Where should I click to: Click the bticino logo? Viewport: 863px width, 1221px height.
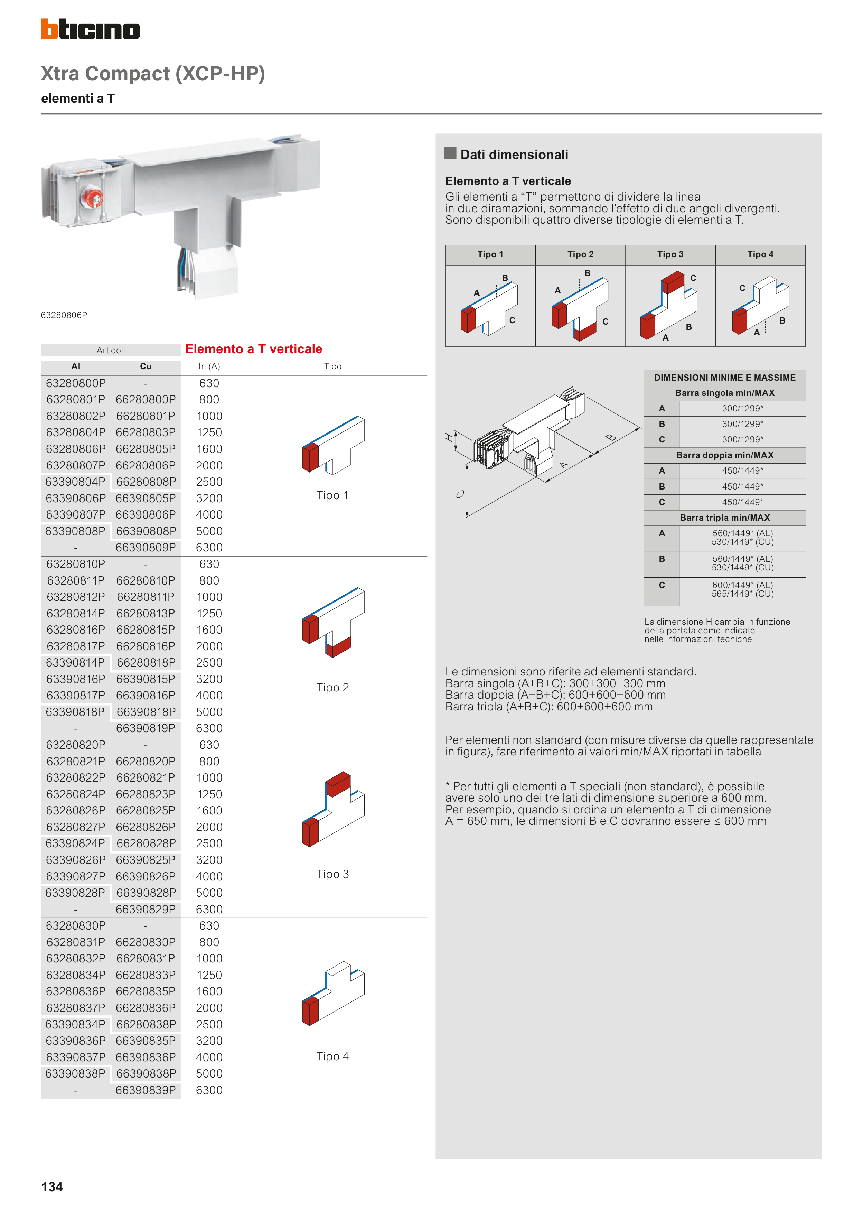[91, 29]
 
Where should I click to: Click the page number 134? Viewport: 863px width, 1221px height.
[52, 1186]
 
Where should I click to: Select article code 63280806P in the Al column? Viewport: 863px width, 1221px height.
[75, 449]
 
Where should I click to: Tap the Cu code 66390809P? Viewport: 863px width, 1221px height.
[146, 547]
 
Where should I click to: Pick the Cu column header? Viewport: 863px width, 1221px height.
[146, 366]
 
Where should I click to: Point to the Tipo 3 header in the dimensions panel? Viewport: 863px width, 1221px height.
[670, 254]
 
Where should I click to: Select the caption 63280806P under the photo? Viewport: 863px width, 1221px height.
[64, 315]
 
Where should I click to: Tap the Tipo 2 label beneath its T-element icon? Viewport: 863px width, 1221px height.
[332, 688]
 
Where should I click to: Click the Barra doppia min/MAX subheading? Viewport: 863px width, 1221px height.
[725, 455]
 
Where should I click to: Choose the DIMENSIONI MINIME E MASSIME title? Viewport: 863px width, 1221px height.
[725, 378]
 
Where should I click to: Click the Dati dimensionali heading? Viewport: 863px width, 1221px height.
[514, 155]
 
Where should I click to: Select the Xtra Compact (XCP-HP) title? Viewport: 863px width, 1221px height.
[153, 73]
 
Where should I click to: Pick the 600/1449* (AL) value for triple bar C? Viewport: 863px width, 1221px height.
[742, 585]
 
